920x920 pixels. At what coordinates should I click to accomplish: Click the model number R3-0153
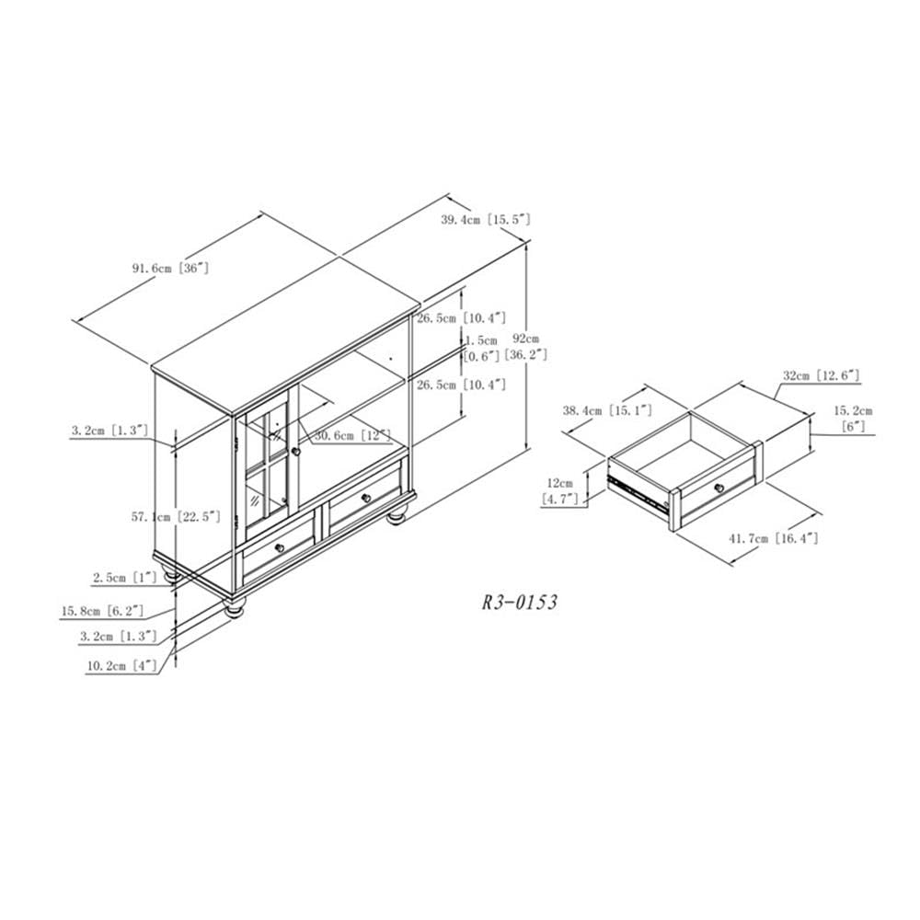click(x=519, y=603)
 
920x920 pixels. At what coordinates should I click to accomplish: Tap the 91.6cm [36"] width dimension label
click(x=170, y=269)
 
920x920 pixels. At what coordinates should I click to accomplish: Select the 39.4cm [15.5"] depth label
click(x=486, y=220)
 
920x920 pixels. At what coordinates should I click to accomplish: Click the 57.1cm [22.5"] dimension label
click(x=176, y=517)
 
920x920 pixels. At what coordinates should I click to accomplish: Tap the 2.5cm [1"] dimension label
click(x=124, y=578)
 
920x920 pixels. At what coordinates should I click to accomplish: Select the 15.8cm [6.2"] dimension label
click(x=102, y=611)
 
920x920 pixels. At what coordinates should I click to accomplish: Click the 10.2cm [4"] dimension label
click(x=122, y=666)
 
